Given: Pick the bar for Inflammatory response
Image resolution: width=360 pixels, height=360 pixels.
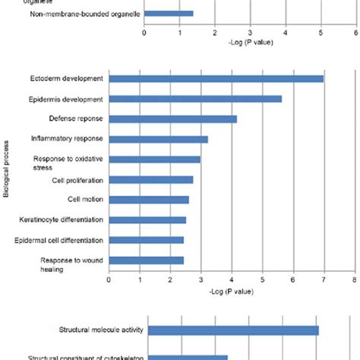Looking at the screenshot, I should pos(159,139).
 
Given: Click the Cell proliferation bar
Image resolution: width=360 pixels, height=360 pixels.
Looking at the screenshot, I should pos(151,180).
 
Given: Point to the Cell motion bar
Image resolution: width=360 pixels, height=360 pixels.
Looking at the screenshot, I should pos(149,200).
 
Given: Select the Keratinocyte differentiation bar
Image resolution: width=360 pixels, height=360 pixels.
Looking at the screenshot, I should pos(147,220).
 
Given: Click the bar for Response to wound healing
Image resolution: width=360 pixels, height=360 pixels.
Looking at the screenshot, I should pos(147,261).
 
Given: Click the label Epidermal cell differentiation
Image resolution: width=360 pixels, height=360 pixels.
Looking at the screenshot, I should pos(67,240).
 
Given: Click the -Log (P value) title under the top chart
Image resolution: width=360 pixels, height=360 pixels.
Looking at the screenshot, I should pos(250,41).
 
